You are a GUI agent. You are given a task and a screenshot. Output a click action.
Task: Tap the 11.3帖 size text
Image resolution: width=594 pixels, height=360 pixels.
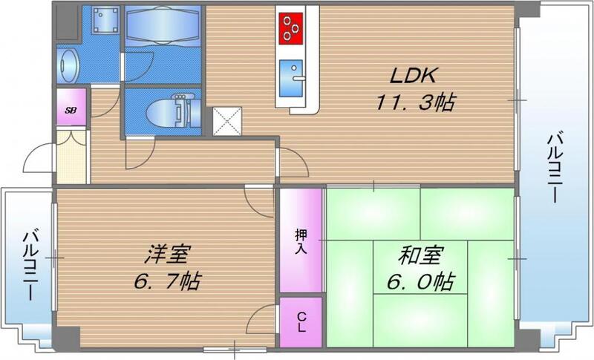tap(414, 103)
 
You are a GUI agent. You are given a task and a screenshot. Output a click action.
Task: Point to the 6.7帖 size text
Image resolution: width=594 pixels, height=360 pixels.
tap(166, 282)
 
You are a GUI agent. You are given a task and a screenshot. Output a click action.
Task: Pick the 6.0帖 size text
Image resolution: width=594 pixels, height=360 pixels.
tap(421, 282)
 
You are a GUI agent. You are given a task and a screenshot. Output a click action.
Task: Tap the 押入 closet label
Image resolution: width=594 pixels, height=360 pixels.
tap(301, 240)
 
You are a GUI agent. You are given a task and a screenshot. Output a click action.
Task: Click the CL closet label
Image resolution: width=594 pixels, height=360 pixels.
tap(301, 322)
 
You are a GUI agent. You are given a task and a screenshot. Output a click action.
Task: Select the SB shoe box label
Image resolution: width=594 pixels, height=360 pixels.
tap(71, 110)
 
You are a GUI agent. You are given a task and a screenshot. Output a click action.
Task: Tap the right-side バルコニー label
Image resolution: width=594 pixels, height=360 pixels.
tap(555, 168)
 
